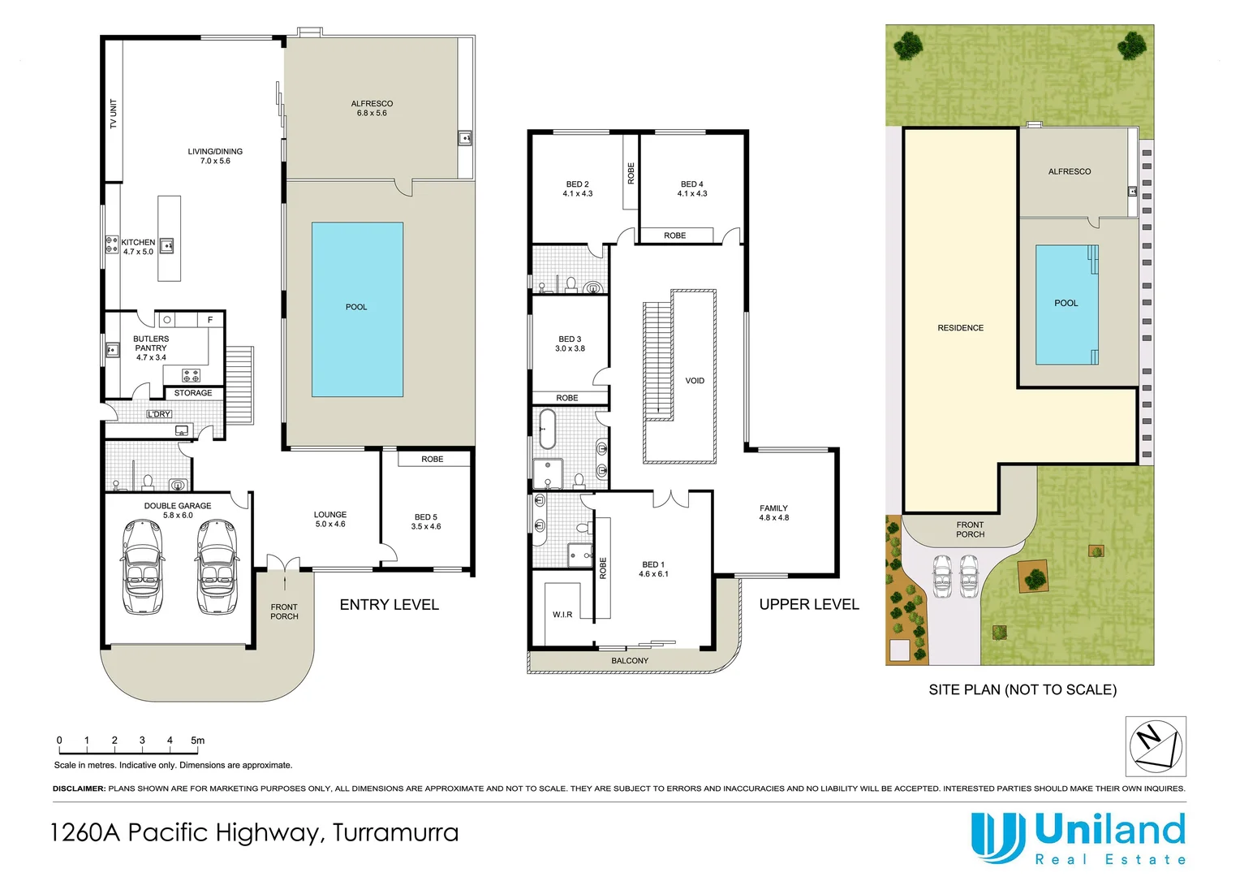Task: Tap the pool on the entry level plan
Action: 357,309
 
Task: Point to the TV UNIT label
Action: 114,114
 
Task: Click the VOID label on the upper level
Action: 695,381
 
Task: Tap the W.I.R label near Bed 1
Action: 562,615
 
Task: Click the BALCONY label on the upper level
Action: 630,661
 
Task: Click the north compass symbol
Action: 1156,746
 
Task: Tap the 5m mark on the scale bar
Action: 197,741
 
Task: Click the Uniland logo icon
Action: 997,837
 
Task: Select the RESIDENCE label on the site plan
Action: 960,328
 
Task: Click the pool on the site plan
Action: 1066,305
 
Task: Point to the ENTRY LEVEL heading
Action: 389,605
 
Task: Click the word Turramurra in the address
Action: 395,833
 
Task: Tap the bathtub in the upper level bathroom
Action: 548,429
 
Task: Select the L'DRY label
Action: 159,414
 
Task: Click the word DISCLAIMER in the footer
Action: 79,788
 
